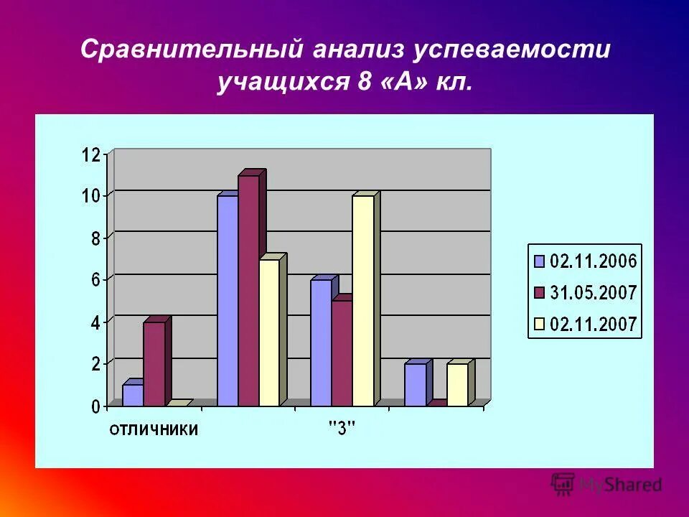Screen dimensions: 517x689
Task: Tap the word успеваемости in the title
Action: pos(510,50)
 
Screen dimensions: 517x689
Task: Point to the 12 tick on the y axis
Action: pos(90,154)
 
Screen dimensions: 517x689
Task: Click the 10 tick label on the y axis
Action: pos(90,195)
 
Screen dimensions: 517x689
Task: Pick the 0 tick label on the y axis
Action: pos(95,407)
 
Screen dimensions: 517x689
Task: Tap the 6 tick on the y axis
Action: pos(95,280)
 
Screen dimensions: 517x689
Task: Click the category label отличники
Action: pos(154,429)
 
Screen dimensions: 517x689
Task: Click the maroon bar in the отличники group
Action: pos(154,363)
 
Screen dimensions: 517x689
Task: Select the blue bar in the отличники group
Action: pos(133,395)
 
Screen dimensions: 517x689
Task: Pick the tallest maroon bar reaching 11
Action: pos(249,290)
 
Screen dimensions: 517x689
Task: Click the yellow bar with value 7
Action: pos(270,332)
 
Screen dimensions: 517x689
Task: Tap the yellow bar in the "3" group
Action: pos(363,300)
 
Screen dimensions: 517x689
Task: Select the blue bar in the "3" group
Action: pos(321,343)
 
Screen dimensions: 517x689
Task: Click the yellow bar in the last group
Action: pos(457,384)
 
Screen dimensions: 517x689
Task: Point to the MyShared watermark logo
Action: pos(606,485)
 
